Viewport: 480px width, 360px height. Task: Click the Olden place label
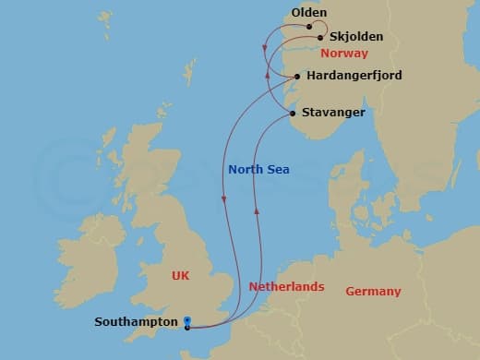pyautogui.click(x=309, y=13)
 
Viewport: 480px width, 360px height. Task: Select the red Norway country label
pyautogui.click(x=344, y=54)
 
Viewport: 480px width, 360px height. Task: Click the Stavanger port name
pyautogui.click(x=333, y=113)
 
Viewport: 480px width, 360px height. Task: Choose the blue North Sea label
pyautogui.click(x=258, y=169)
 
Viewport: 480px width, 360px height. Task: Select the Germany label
pyautogui.click(x=373, y=292)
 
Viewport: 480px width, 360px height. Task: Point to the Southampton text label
pyautogui.click(x=136, y=322)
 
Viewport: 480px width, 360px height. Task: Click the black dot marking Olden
pyautogui.click(x=310, y=27)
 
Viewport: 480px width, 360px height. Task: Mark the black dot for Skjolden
pyautogui.click(x=320, y=38)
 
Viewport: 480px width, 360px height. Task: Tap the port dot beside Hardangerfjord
pyautogui.click(x=296, y=76)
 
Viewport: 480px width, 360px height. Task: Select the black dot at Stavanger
pyautogui.click(x=293, y=114)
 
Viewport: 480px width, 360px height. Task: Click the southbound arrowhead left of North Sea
pyautogui.click(x=222, y=198)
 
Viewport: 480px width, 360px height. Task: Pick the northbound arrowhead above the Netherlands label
pyautogui.click(x=256, y=212)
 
